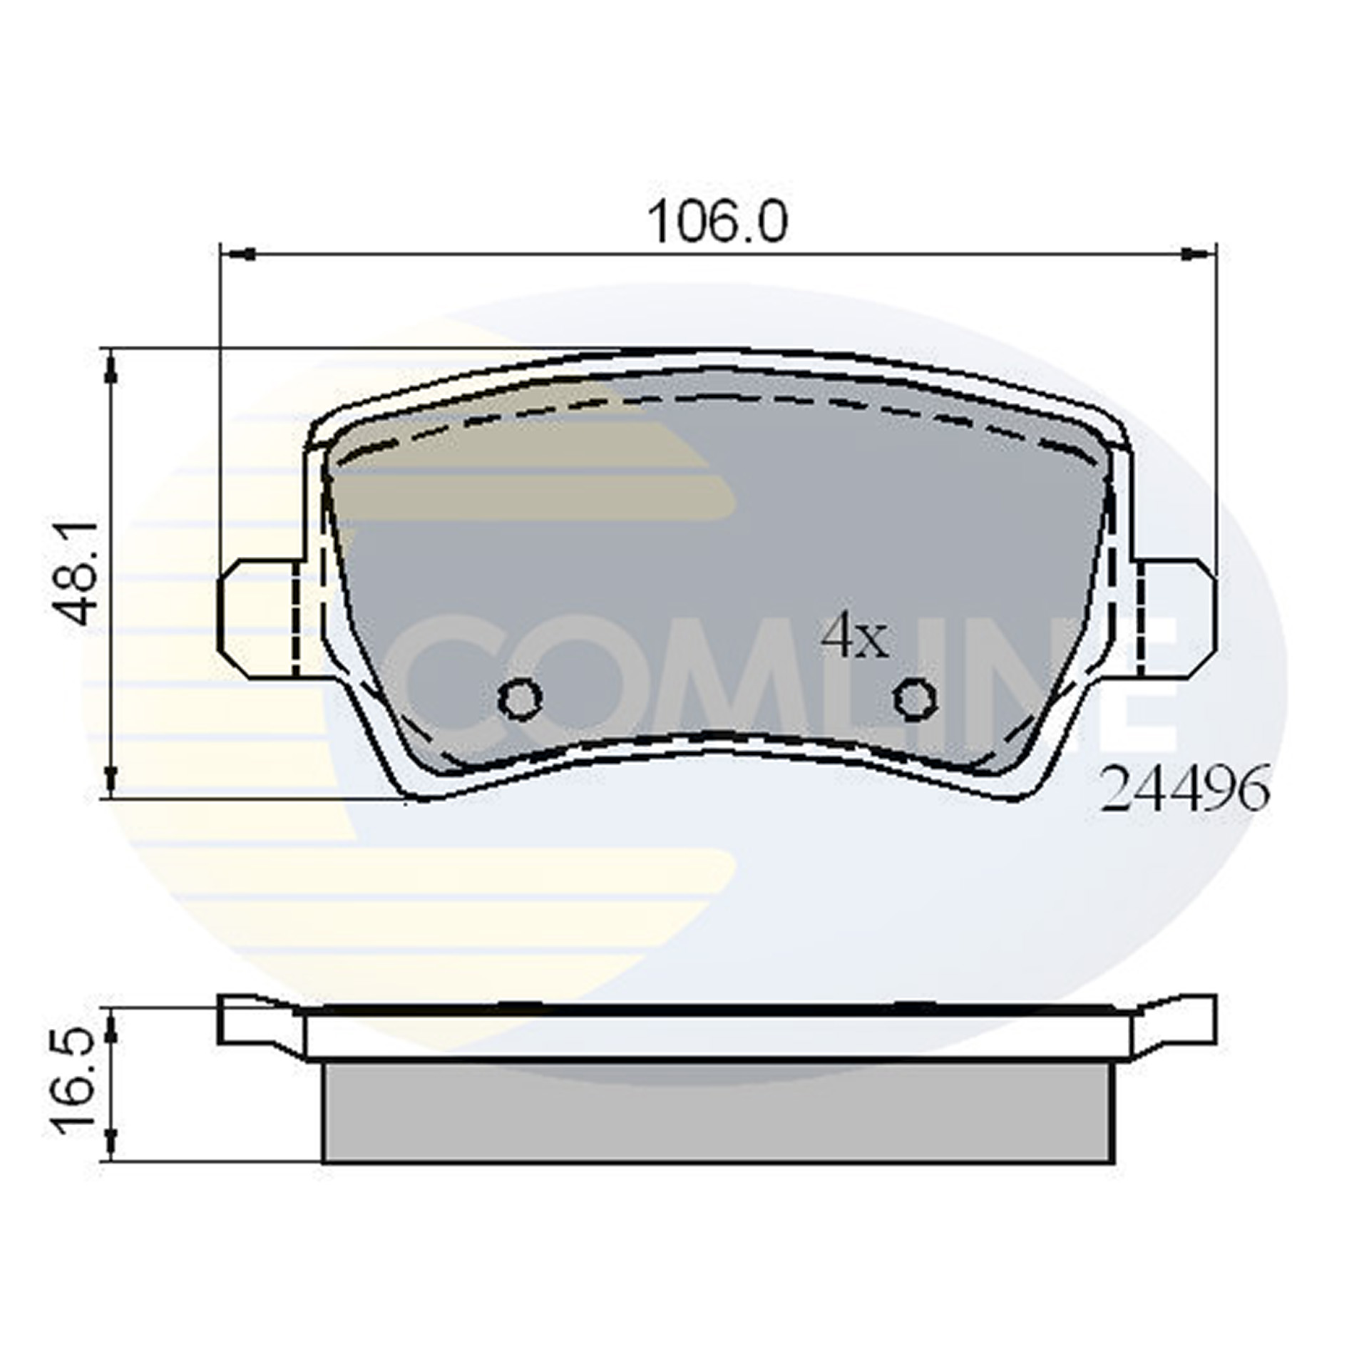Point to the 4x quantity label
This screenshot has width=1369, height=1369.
click(854, 638)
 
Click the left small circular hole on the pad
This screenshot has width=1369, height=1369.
click(520, 698)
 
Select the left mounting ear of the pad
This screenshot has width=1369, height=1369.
click(257, 617)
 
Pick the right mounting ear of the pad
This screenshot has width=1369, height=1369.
click(1176, 617)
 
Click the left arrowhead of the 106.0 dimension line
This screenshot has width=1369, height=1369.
click(240, 253)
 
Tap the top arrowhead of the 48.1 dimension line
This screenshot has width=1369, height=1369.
click(111, 368)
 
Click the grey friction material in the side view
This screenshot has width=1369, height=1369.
click(718, 1117)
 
